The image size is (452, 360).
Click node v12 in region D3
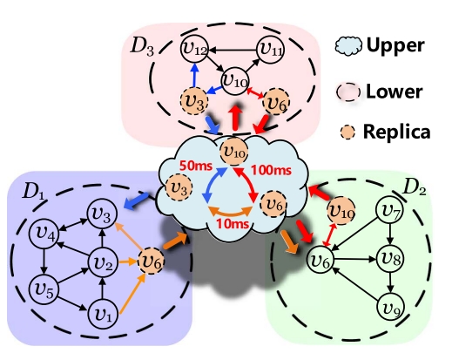click(x=193, y=47)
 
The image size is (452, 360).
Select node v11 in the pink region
click(x=272, y=49)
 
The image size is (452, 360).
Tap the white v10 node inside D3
click(x=233, y=82)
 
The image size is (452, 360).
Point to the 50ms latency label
click(x=193, y=166)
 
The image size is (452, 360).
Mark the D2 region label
click(x=415, y=186)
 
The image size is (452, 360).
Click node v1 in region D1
click(x=104, y=310)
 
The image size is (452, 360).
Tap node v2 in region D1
click(x=105, y=259)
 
